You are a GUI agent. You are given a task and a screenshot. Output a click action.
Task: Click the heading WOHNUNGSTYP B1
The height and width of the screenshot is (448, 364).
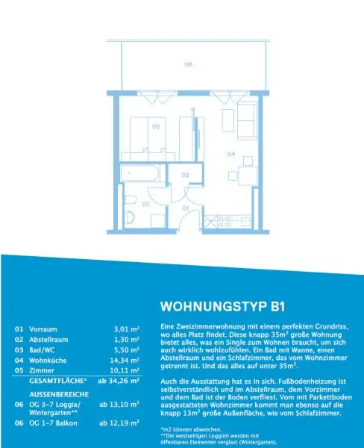click(223, 306)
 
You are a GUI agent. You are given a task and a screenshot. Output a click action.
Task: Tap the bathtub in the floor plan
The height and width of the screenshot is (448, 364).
click(139, 173)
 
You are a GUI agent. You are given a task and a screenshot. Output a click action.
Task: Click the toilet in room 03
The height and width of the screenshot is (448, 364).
click(129, 217)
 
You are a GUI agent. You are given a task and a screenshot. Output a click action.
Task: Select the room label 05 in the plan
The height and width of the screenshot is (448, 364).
click(156, 126)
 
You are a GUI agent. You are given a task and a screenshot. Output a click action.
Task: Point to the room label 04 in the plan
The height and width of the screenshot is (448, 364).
click(231, 154)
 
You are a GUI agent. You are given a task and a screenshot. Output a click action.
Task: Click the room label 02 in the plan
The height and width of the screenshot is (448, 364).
click(185, 175)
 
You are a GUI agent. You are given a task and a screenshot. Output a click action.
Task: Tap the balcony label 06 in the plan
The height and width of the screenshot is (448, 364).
click(189, 64)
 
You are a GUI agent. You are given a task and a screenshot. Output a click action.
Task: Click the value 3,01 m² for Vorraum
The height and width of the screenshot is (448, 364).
click(127, 329)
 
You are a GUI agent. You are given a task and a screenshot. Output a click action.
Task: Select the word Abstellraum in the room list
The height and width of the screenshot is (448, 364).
click(48, 340)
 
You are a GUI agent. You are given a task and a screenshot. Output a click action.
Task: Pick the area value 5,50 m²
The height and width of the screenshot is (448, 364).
click(127, 350)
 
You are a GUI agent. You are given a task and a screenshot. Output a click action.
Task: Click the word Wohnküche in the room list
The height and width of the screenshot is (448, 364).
click(48, 361)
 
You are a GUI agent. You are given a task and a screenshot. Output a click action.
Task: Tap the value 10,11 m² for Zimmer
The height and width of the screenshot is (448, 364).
click(125, 370)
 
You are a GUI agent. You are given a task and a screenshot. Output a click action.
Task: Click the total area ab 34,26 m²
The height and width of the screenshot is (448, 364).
click(119, 381)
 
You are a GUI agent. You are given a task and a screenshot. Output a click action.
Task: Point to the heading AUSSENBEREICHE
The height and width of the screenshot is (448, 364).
click(59, 394)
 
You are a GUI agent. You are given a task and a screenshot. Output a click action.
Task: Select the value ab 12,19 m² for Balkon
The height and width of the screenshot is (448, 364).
click(119, 423)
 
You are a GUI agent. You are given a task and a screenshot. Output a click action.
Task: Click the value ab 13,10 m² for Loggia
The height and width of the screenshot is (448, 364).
click(119, 405)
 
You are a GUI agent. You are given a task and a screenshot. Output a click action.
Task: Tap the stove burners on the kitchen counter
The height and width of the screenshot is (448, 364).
click(224, 222)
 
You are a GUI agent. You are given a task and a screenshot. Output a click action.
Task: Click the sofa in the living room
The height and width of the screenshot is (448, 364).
click(247, 121)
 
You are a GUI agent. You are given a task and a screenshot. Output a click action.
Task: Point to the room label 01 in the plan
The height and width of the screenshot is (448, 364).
click(186, 208)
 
